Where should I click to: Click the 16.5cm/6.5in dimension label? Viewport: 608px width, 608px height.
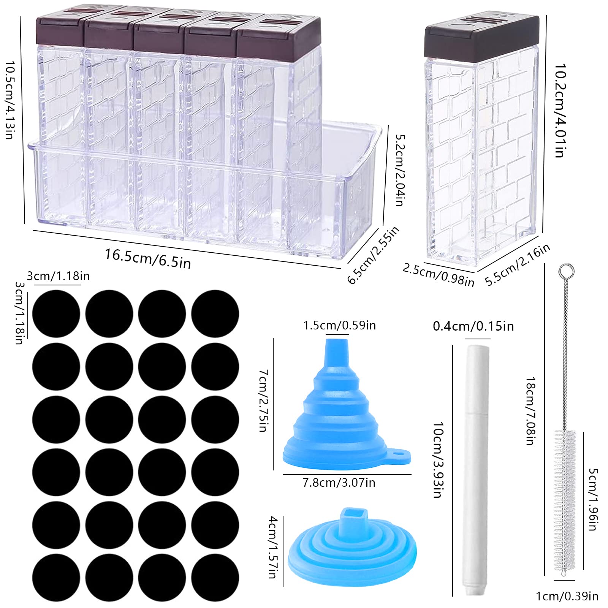coord(147,258)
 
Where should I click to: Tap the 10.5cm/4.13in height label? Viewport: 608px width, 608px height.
coord(10,100)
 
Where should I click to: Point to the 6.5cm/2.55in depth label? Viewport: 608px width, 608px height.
coord(373,254)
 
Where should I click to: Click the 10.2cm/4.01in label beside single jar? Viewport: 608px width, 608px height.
coord(560,110)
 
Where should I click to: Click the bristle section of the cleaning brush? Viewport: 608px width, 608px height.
coord(565,501)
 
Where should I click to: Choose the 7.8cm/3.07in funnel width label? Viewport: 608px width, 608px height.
coord(339,483)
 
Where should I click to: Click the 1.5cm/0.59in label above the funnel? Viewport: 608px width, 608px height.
coord(339,325)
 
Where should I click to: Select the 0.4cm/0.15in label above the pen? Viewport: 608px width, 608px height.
coord(473,326)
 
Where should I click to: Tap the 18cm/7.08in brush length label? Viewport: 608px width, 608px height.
coord(530,411)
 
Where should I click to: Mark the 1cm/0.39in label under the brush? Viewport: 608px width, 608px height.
coord(567,596)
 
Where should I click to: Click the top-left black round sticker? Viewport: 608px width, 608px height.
coord(56,314)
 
